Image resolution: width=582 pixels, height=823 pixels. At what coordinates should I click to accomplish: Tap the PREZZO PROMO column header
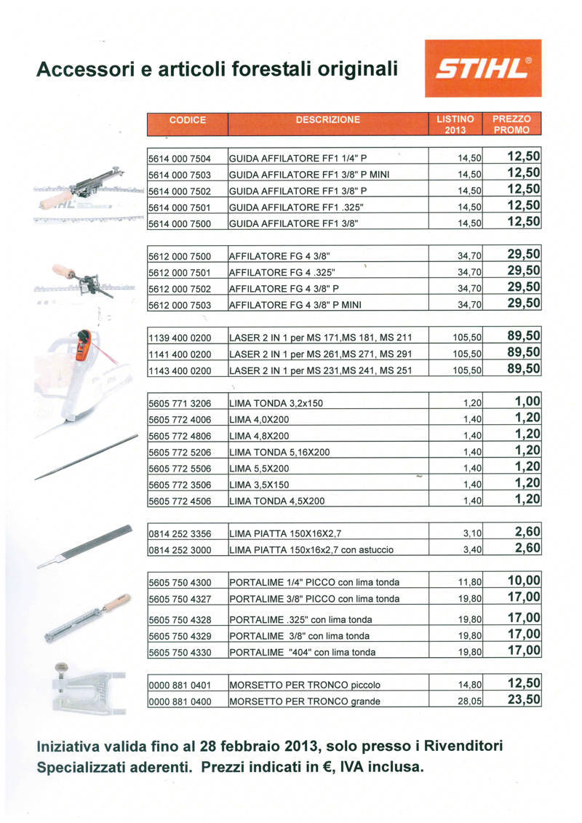tap(511, 124)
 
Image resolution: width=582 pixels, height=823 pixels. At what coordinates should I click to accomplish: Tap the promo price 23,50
tap(524, 700)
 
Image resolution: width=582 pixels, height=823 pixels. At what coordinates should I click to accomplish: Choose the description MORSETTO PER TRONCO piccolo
tap(305, 685)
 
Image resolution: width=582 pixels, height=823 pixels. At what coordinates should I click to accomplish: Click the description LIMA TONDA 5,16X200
tap(279, 453)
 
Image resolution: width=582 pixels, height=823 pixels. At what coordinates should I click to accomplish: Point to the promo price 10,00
tap(524, 581)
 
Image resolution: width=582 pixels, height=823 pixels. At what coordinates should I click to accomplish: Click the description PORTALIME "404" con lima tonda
tap(303, 653)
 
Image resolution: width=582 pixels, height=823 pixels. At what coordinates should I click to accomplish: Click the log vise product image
tap(87, 688)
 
